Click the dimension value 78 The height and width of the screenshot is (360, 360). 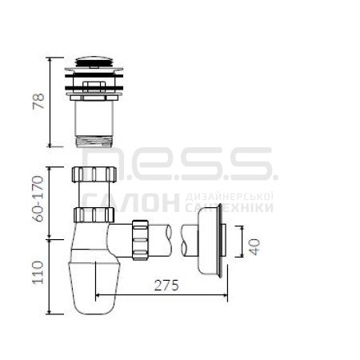tap(38, 101)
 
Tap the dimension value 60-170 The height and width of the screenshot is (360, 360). tap(38, 198)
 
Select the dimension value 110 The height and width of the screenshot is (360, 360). tap(38, 273)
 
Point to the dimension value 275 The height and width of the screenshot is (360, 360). tap(166, 286)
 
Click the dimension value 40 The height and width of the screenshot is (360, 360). tap(255, 247)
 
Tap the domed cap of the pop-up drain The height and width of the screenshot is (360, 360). tap(94, 62)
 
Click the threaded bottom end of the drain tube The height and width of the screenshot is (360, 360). tap(94, 142)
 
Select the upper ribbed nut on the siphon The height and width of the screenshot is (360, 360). tap(94, 174)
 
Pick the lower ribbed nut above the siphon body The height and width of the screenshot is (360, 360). tap(94, 214)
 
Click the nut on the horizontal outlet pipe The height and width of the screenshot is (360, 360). tap(140, 240)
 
